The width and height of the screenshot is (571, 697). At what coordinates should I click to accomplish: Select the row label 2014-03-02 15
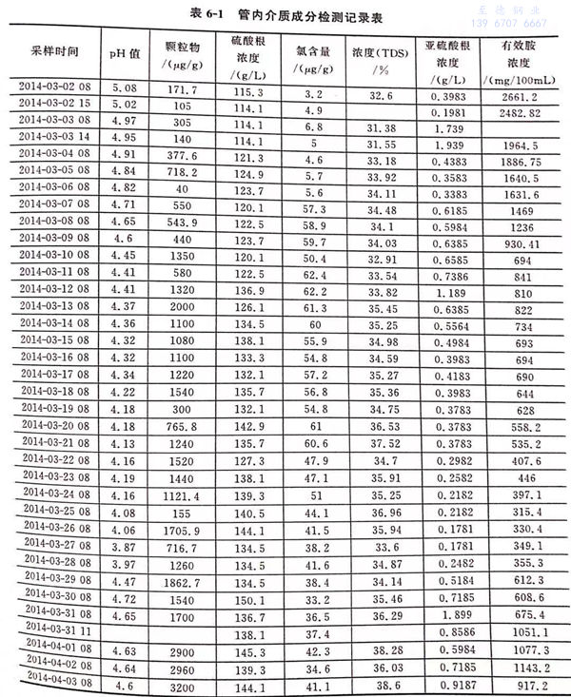[54, 105]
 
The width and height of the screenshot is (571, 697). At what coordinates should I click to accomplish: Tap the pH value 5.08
[125, 87]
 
